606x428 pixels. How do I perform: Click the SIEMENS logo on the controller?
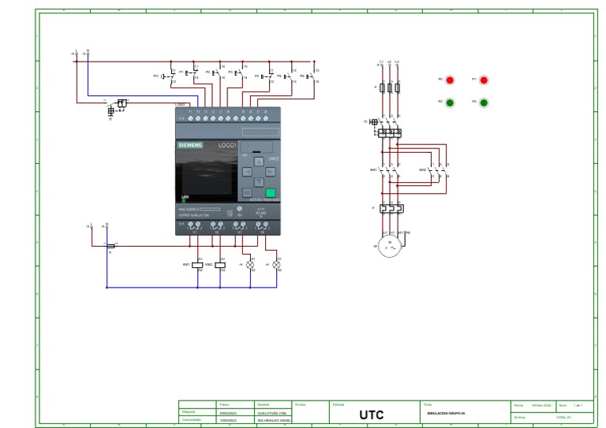click(x=189, y=145)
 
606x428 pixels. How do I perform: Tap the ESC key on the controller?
click(x=247, y=192)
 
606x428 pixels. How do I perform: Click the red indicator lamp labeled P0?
click(x=450, y=80)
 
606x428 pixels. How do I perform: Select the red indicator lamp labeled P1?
click(x=484, y=80)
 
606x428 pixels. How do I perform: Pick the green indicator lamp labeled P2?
click(x=450, y=102)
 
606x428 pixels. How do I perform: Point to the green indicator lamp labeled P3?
click(x=484, y=102)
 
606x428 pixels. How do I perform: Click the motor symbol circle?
click(x=389, y=247)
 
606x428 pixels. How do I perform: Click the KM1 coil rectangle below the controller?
click(x=197, y=265)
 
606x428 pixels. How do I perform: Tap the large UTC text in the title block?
click(x=372, y=415)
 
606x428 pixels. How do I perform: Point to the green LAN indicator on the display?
click(x=184, y=200)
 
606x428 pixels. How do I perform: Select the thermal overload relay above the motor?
click(x=389, y=208)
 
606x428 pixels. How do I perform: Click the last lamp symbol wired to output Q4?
click(x=276, y=265)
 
